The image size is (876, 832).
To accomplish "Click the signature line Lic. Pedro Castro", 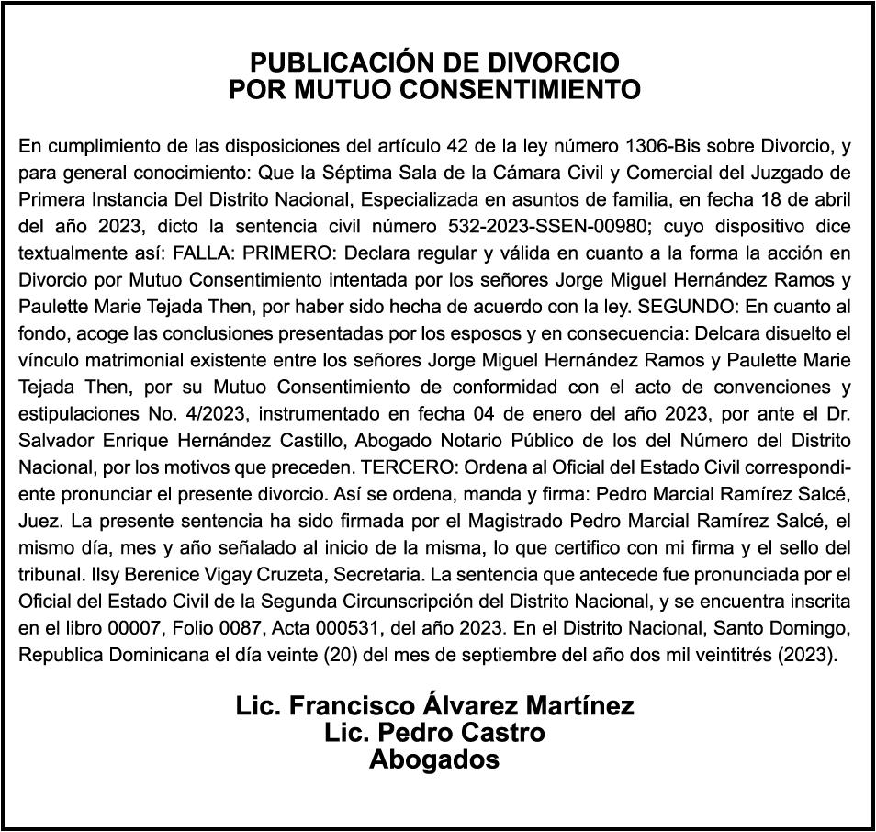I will (434, 733).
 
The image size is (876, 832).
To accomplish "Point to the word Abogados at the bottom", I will (434, 760).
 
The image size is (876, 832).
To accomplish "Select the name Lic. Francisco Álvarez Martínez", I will (434, 705).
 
